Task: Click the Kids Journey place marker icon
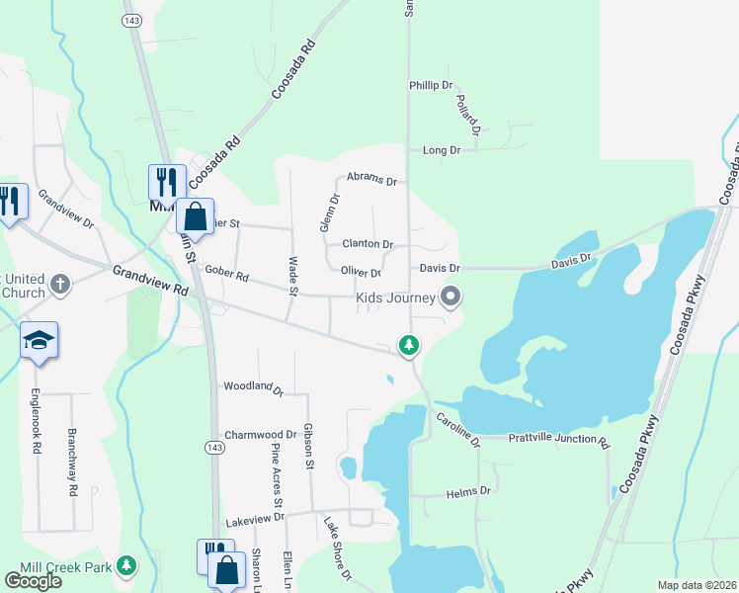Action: (x=452, y=296)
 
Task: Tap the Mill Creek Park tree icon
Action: (x=125, y=565)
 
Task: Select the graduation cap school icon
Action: (x=39, y=340)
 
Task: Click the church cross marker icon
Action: (x=60, y=285)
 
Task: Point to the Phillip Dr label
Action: (x=431, y=86)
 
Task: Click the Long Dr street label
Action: (x=442, y=150)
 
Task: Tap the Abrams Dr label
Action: (x=370, y=182)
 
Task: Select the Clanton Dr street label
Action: (x=368, y=244)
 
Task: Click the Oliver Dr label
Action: (x=361, y=273)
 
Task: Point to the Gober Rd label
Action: (x=227, y=274)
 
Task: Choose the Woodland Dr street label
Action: (x=253, y=388)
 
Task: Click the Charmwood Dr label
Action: (x=261, y=435)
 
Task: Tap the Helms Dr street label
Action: (x=468, y=491)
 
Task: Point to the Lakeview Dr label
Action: (x=254, y=518)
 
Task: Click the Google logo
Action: (x=33, y=581)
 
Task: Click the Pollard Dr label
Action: (x=469, y=116)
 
